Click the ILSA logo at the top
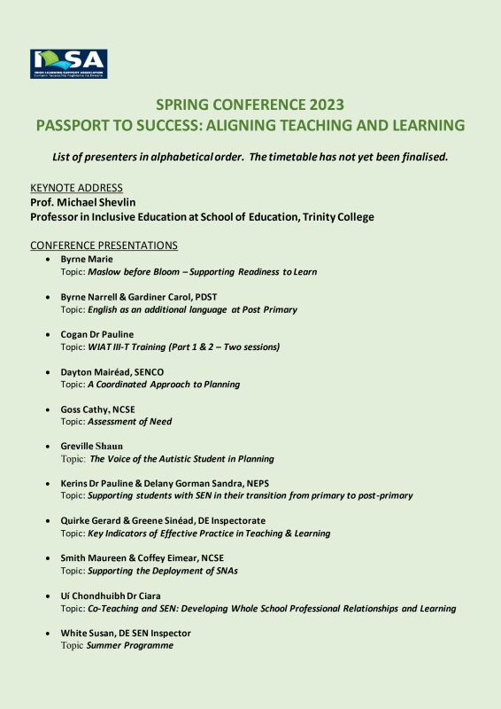click(x=68, y=65)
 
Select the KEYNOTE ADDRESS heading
click(x=76, y=188)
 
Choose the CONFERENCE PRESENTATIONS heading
click(x=104, y=245)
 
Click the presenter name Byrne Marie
click(x=87, y=259)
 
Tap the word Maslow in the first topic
click(x=105, y=272)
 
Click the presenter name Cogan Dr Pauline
click(x=97, y=334)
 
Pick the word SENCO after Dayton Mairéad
click(x=150, y=372)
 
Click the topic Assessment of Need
click(x=129, y=422)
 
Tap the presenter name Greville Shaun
click(x=92, y=447)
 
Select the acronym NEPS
click(x=279, y=484)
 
